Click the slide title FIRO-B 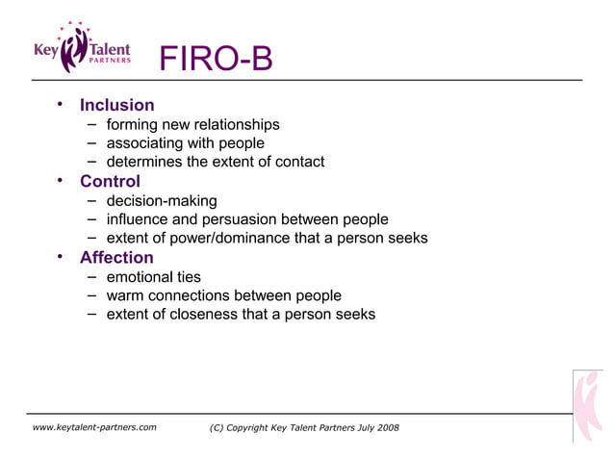[216, 60]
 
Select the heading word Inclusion [116, 105]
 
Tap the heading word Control [110, 181]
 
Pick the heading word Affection [116, 257]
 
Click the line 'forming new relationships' [192, 124]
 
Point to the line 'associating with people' [185, 143]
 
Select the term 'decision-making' [161, 200]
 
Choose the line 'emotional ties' [153, 276]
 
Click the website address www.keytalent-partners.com [94, 427]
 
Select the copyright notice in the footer [303, 427]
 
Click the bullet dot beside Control [60, 180]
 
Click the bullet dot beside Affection [60, 256]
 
